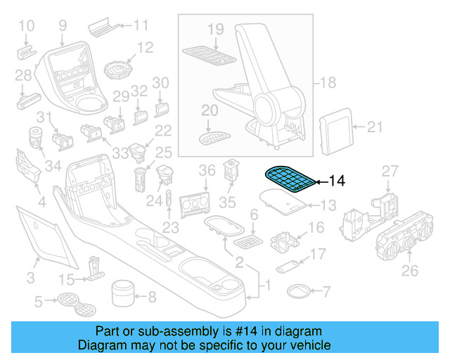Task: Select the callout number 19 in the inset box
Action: coord(215,29)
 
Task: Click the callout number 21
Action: coord(376,127)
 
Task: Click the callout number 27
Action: coord(390,171)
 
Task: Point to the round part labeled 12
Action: coord(120,70)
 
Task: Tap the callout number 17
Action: coord(319,253)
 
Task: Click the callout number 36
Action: coord(207,170)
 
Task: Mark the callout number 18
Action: coord(328,83)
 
